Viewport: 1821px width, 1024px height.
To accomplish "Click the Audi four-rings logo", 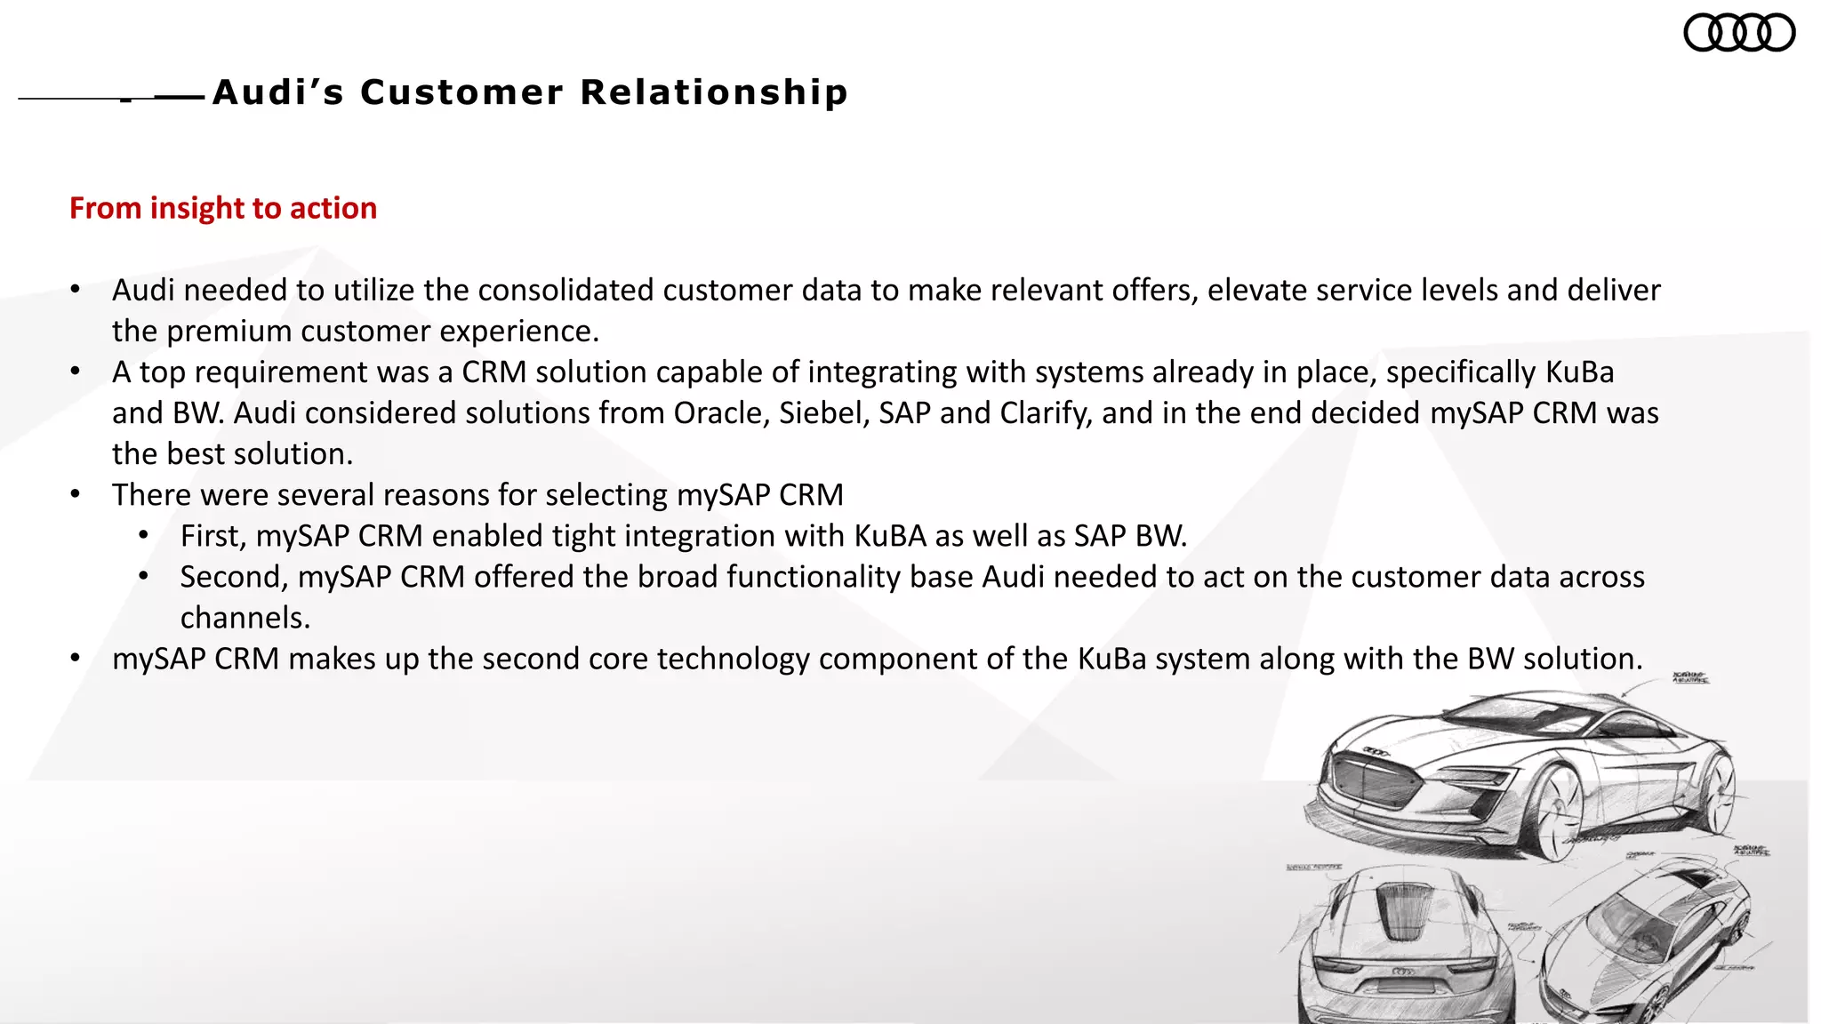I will [1739, 33].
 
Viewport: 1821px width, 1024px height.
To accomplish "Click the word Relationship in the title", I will [714, 92].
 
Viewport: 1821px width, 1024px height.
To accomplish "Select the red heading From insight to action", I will [223, 208].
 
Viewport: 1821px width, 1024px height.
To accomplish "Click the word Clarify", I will [1045, 413].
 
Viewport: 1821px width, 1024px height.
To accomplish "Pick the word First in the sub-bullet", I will [213, 536].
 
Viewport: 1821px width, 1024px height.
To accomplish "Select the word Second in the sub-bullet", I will [234, 577].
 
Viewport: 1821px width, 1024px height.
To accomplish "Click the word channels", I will [245, 618].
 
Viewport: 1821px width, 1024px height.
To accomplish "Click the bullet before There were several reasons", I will [76, 495].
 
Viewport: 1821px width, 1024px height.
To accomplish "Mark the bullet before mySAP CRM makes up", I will [76, 659].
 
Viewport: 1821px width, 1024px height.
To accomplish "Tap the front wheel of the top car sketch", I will [1560, 813].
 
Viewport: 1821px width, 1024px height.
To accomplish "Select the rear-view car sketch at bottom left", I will [1405, 951].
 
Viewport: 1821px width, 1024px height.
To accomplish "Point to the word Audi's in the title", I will [278, 92].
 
